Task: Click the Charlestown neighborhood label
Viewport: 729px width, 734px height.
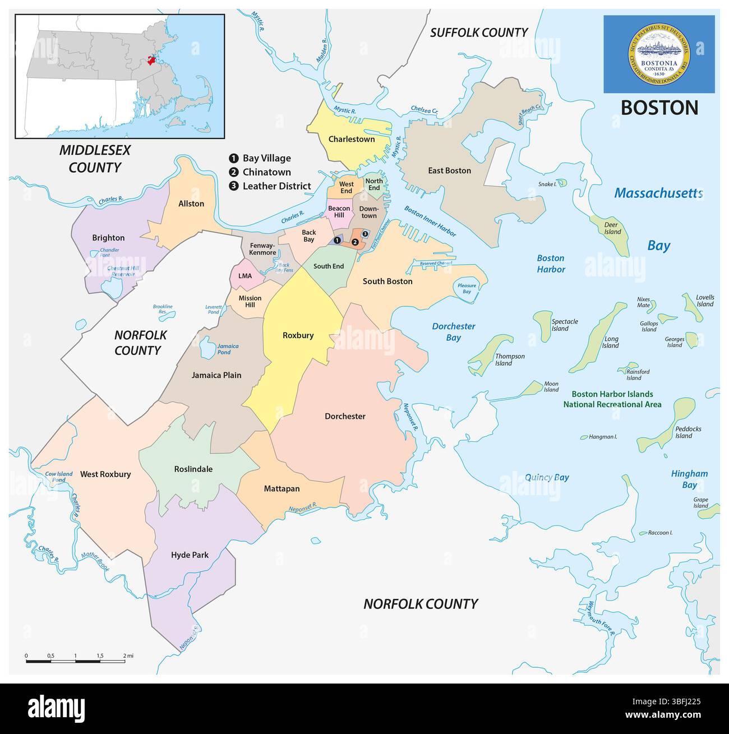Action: point(352,139)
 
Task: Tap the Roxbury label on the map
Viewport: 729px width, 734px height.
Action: point(298,335)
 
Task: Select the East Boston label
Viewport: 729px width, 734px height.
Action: point(449,170)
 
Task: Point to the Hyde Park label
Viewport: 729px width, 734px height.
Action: point(190,555)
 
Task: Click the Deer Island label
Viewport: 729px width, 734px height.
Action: point(612,228)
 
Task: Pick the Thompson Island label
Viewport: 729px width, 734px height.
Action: point(509,359)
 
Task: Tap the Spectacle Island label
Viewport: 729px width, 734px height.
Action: point(564,325)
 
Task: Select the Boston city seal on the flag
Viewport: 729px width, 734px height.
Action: point(659,54)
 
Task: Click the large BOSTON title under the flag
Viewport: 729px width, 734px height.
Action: point(659,108)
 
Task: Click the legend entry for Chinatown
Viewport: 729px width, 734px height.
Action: point(266,172)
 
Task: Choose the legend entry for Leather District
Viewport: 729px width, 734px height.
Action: point(276,186)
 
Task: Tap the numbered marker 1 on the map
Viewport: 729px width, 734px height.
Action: point(336,240)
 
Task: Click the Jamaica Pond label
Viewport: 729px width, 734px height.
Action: point(228,349)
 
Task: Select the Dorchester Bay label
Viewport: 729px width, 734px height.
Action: point(453,332)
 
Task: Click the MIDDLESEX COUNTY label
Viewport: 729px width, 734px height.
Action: point(95,159)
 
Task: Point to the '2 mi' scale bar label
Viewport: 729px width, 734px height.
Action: point(128,655)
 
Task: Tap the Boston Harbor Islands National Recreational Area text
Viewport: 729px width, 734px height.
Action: point(612,399)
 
